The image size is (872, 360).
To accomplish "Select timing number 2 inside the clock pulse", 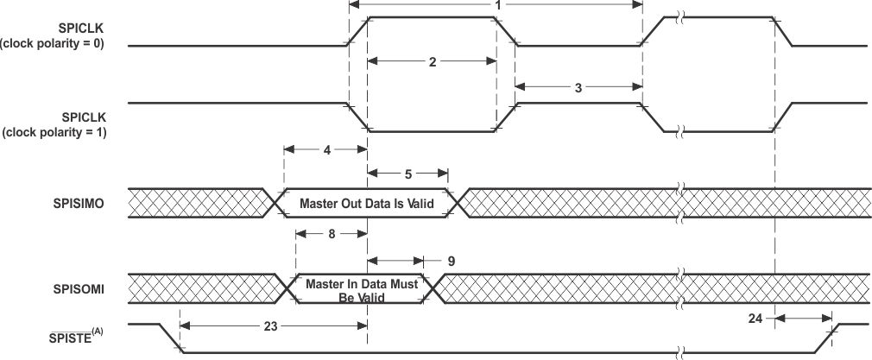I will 432,62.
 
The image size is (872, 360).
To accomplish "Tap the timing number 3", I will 578,85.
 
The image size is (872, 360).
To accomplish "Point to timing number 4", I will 326,149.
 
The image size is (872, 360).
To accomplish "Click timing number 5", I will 408,174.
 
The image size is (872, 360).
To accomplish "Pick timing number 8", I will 332,233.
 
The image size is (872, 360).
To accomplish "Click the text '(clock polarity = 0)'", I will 54,46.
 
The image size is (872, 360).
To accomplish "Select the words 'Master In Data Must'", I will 361,283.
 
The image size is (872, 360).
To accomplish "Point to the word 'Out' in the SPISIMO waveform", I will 357,204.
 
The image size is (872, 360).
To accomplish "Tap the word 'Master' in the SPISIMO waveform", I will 320,204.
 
